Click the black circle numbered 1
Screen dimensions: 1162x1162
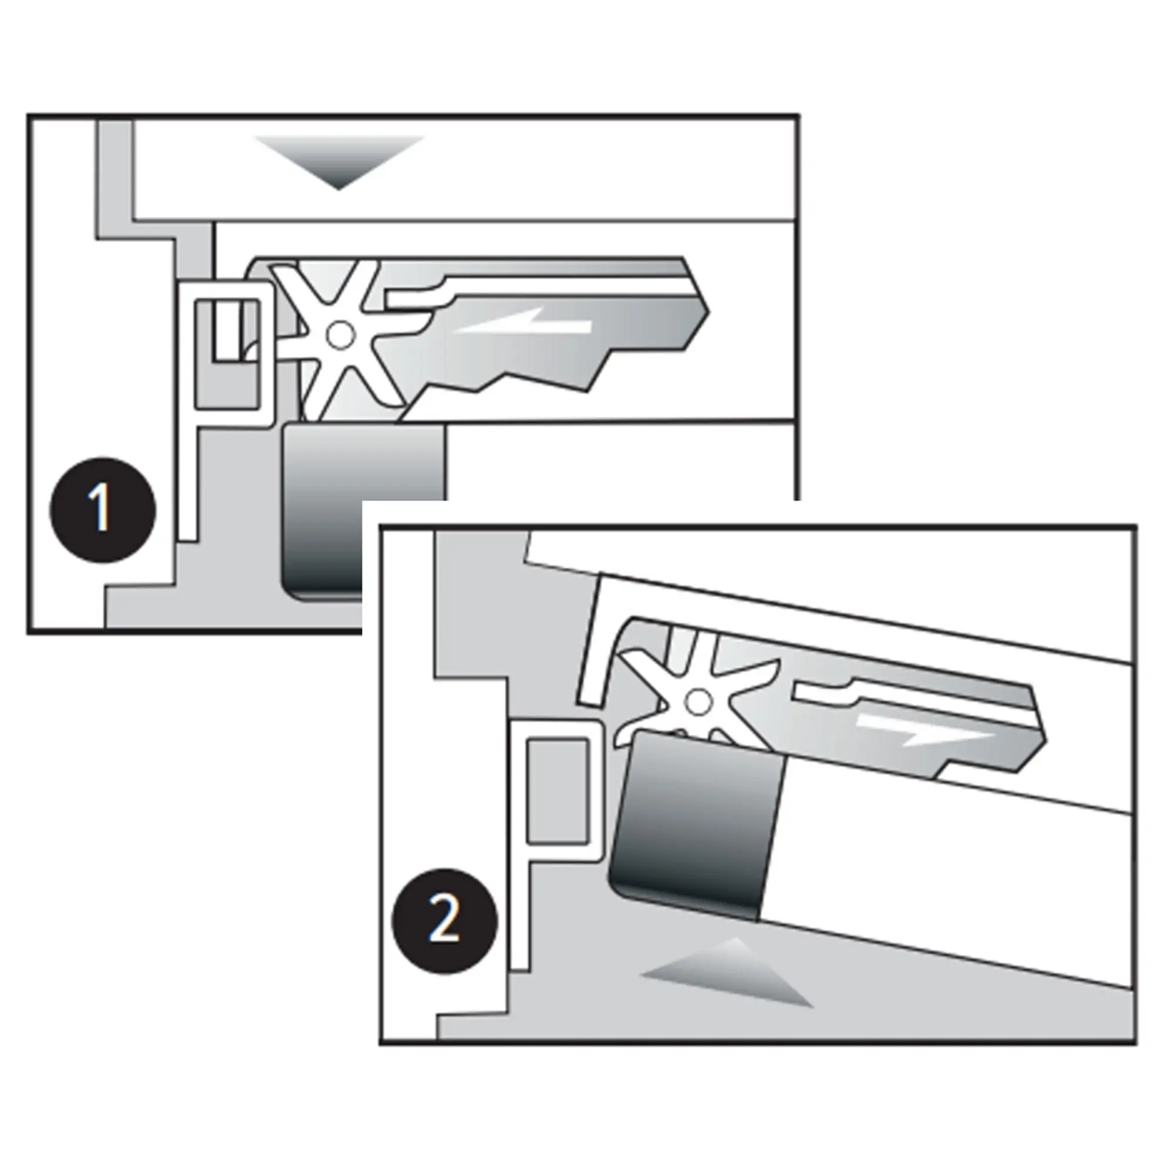pyautogui.click(x=102, y=509)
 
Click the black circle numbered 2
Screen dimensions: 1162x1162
pyautogui.click(x=444, y=921)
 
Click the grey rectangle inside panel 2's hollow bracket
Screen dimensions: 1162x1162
pyautogui.click(x=557, y=791)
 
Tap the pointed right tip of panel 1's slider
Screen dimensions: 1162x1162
pyautogui.click(x=707, y=312)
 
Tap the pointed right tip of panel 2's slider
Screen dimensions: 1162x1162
pyautogui.click(x=1044, y=739)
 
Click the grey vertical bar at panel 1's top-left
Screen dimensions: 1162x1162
pyautogui.click(x=115, y=174)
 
